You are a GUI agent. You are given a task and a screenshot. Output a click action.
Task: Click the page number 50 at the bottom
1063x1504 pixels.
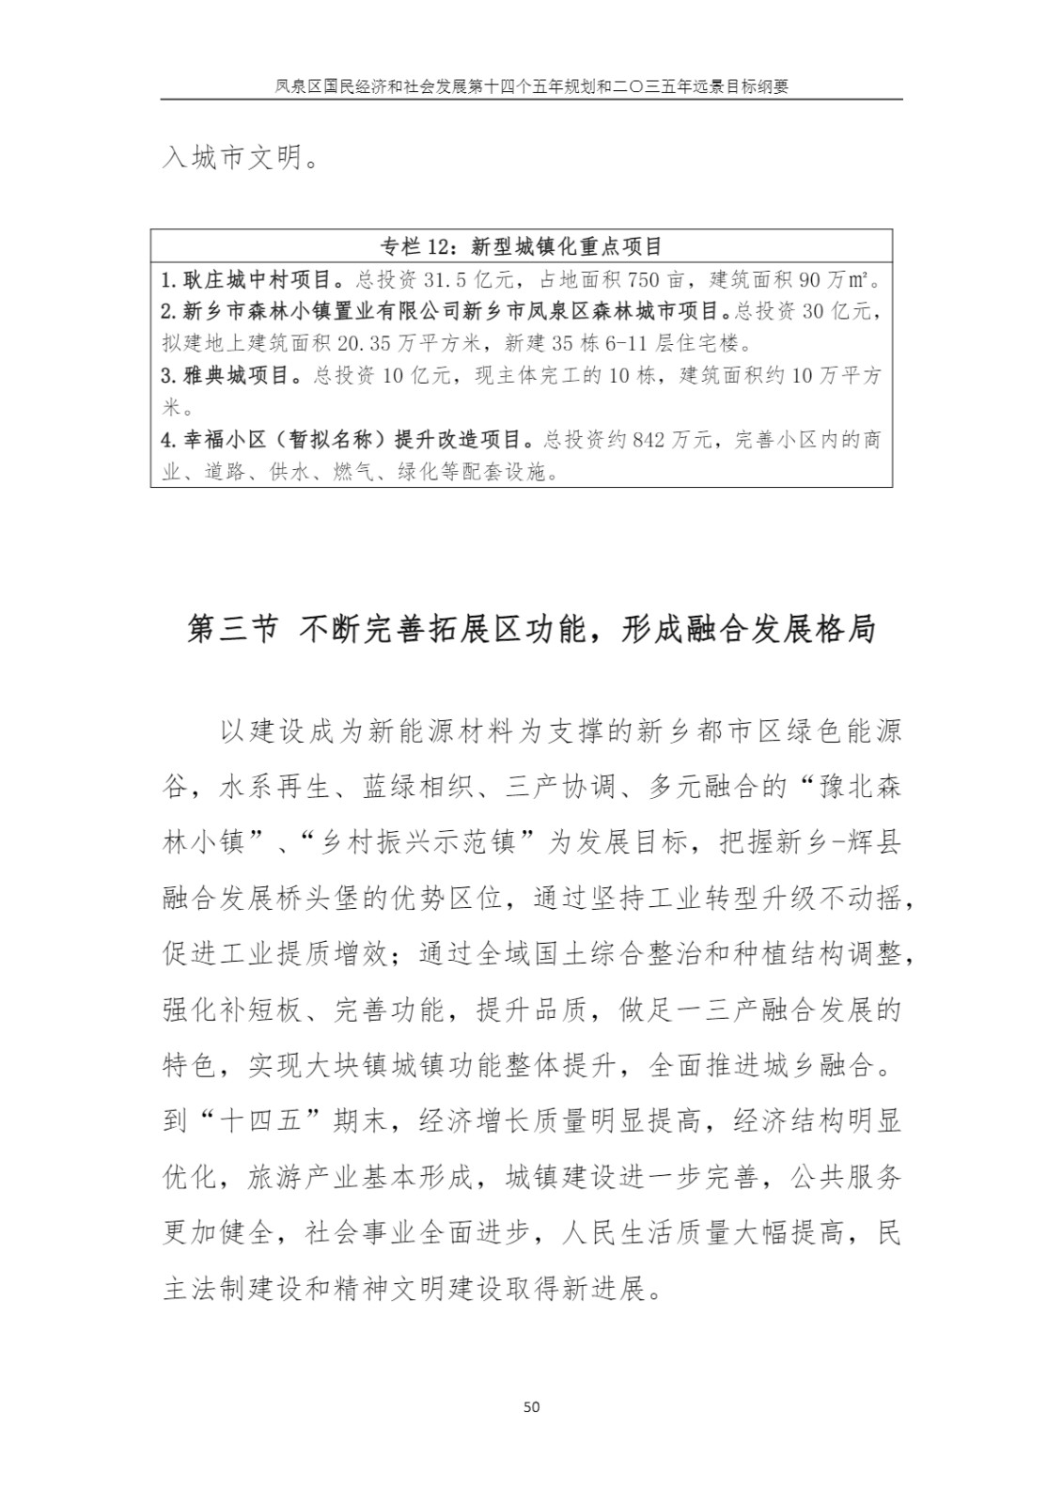tap(531, 1407)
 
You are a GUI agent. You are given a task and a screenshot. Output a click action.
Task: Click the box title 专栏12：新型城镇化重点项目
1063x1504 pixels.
tap(522, 246)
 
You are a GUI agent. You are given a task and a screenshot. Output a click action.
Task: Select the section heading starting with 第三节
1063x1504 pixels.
tap(531, 629)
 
